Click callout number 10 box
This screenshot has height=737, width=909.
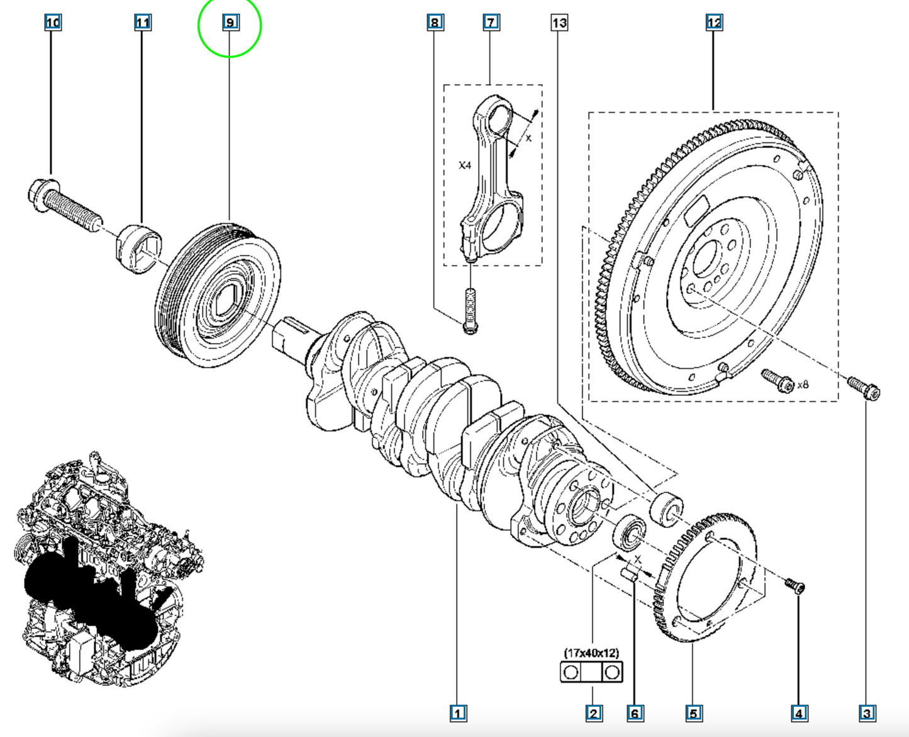[53, 22]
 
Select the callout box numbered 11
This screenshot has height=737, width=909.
[143, 22]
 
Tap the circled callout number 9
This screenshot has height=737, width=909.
[230, 22]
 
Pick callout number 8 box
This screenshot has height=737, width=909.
[435, 22]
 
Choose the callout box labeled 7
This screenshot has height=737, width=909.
[491, 22]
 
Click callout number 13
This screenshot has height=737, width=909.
[559, 22]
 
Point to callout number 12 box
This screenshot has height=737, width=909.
[714, 22]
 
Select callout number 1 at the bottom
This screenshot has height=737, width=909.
[459, 713]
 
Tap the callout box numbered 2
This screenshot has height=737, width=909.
[594, 713]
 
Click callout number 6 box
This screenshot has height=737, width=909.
[635, 713]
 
